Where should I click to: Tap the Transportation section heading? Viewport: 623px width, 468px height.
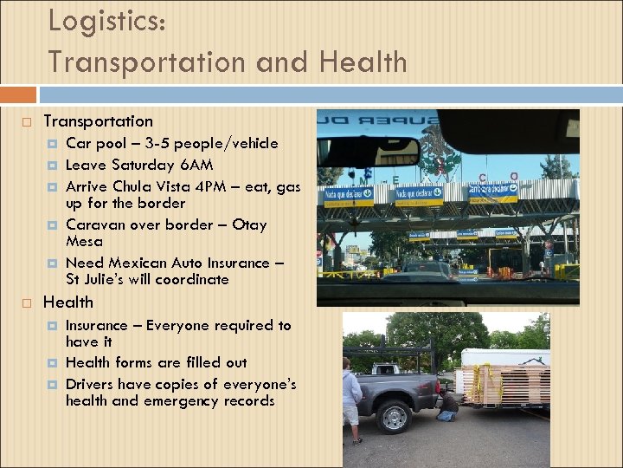[98, 121]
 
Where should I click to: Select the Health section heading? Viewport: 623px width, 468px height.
[67, 302]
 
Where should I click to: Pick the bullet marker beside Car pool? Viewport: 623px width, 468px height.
[51, 144]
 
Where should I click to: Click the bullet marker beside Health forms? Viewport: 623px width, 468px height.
[51, 363]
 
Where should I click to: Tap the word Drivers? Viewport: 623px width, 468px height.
[91, 384]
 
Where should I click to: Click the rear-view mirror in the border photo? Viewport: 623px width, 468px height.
[367, 153]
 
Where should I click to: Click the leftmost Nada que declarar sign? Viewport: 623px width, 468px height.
[348, 196]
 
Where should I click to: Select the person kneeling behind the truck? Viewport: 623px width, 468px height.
[447, 404]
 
